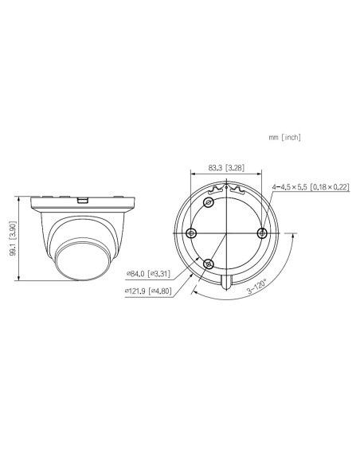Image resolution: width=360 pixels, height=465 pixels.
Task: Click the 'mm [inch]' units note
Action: tap(284, 138)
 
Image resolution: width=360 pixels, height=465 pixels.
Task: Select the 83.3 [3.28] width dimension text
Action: tap(225, 168)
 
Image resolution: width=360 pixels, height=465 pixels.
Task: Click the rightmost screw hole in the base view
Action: tap(264, 232)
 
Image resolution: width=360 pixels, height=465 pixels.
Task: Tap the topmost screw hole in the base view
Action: tap(209, 203)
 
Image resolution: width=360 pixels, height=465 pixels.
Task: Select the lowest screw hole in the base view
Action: tap(209, 264)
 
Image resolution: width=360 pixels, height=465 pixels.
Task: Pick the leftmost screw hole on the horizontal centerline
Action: tap(192, 232)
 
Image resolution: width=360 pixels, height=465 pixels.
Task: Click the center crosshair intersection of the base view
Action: tap(227, 232)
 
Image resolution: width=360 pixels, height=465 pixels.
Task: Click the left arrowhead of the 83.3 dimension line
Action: tap(194, 174)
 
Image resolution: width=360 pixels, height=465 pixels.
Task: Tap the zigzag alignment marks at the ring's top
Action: tap(227, 190)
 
